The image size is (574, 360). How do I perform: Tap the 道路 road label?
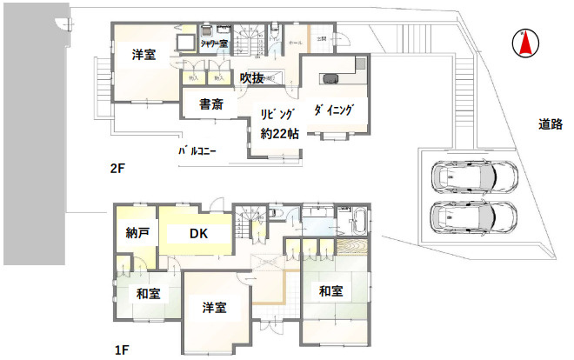point(549,125)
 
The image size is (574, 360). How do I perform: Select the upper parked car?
point(475,177)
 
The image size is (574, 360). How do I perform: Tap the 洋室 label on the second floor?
point(144,55)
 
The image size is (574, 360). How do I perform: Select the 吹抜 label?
point(252,77)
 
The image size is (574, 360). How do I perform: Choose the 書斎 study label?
point(211,105)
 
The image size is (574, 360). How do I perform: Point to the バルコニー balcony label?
point(197,150)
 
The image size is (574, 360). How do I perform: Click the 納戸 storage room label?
point(137,233)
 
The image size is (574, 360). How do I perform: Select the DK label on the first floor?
point(200,233)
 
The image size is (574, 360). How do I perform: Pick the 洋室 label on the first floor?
point(215,308)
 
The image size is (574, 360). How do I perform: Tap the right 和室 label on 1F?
point(331,290)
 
